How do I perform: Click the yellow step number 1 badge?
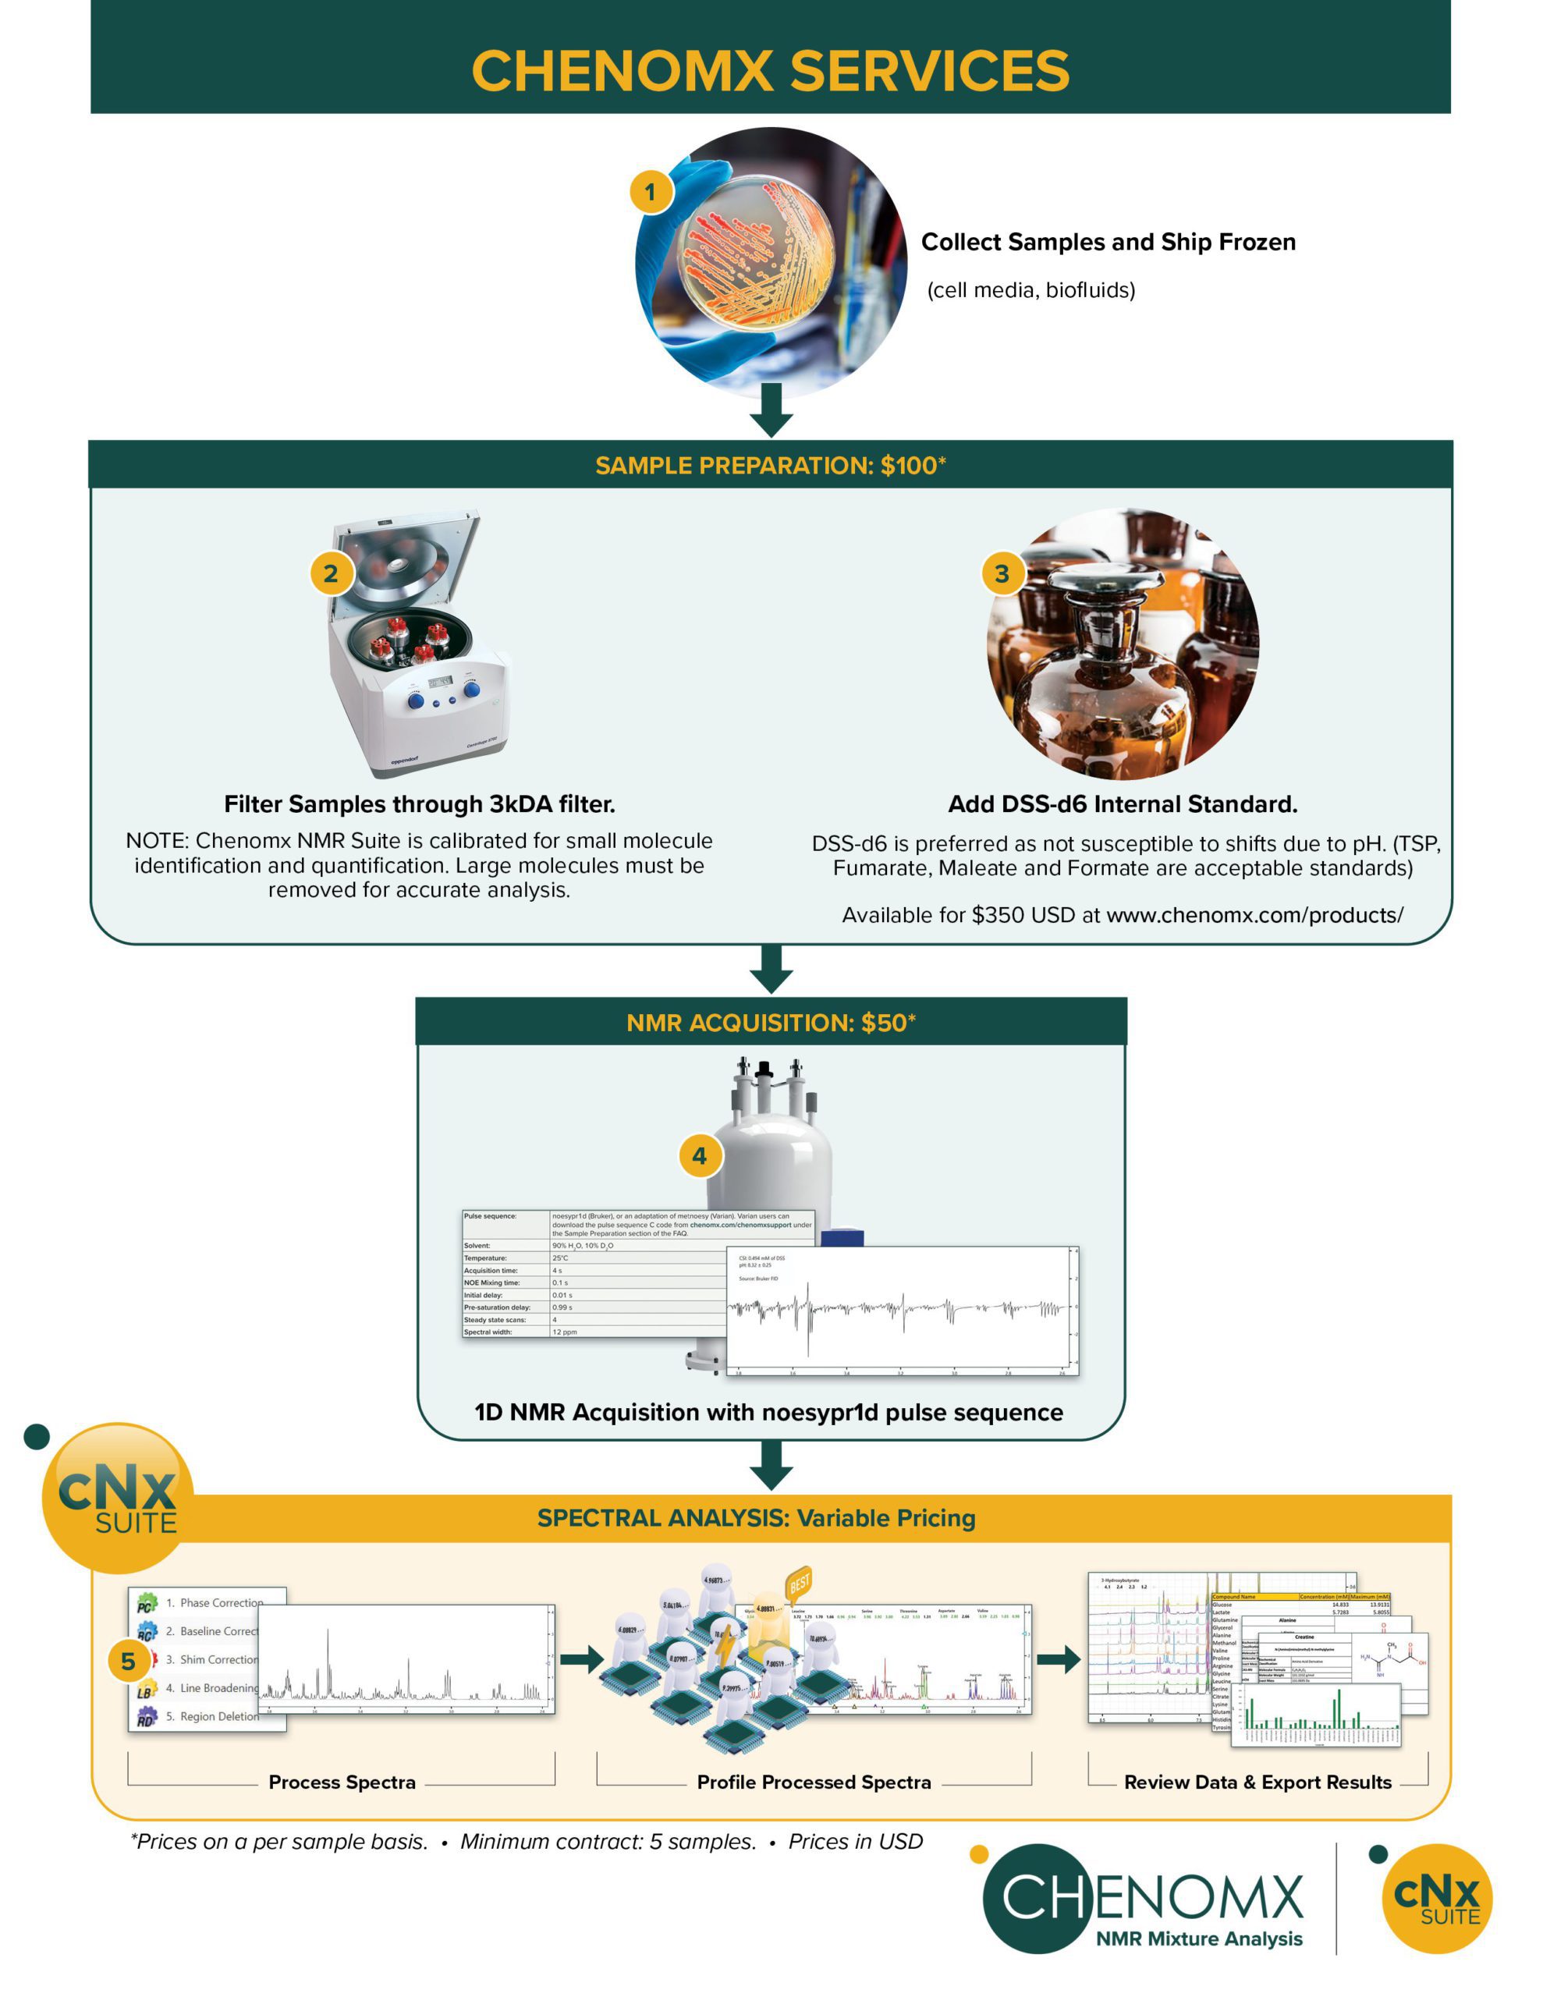(651, 192)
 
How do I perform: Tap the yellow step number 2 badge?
(331, 573)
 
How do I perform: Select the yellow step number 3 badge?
(1002, 573)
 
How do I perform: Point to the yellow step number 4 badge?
(700, 1156)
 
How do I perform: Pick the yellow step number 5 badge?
(128, 1662)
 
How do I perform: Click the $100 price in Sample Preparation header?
(910, 466)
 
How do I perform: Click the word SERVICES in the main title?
(929, 70)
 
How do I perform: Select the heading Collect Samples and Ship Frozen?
(1108, 243)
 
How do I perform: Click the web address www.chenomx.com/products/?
(1254, 915)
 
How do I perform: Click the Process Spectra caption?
(342, 1782)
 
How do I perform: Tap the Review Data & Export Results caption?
(1257, 1782)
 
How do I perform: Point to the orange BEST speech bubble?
(800, 1582)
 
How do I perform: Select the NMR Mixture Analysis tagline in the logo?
(1198, 1938)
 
